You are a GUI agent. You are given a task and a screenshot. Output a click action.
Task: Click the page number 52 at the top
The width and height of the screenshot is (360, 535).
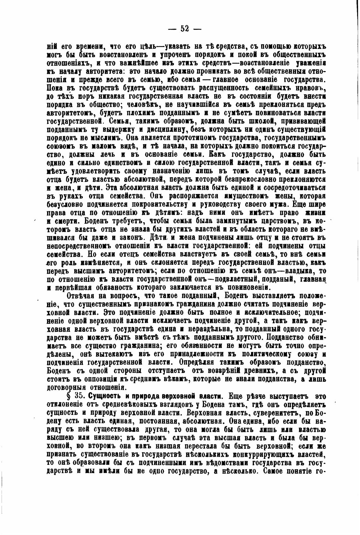(184, 29)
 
